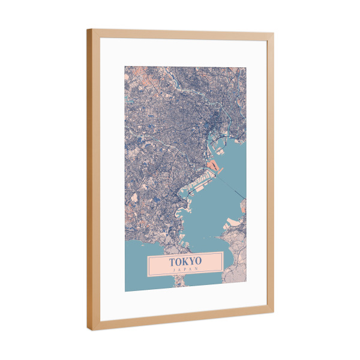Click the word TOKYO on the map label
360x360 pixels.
coord(185,262)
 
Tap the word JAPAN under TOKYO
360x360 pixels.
coord(185,270)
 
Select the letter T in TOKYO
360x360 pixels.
coord(172,262)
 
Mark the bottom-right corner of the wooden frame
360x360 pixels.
coord(274,311)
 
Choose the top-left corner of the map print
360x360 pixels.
coord(125,66)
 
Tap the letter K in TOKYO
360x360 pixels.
coord(185,262)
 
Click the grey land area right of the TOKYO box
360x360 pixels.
coord(235,264)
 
